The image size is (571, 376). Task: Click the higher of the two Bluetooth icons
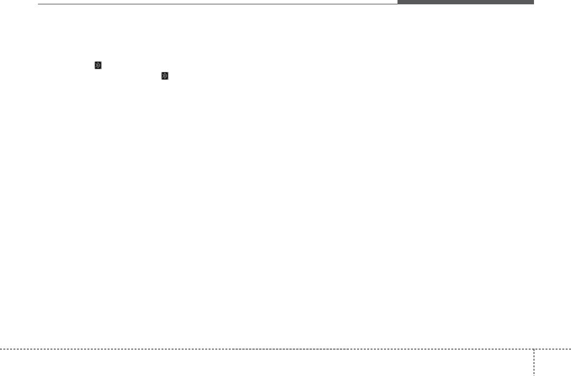point(98,65)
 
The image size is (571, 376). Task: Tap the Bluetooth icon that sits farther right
point(165,76)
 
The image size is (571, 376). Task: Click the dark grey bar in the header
point(465,2)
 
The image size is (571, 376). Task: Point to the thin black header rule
point(216,4)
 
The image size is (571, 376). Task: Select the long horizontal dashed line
point(264,349)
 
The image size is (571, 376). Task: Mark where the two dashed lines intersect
point(534,349)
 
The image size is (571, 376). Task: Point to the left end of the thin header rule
point(38,4)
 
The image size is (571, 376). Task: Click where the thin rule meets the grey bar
point(397,4)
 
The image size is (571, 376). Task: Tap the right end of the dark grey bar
point(533,2)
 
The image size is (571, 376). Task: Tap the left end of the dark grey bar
point(398,2)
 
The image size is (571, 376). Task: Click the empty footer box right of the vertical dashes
point(552,363)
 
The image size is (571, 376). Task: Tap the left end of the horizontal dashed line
point(1,349)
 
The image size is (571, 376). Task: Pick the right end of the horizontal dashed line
point(570,349)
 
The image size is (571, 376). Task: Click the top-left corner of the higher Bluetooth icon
point(95,62)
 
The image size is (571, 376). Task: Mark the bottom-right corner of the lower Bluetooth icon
point(168,79)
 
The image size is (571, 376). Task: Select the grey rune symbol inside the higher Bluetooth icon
point(98,65)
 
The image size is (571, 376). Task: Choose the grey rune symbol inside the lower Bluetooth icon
point(165,76)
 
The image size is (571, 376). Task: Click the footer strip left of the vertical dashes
point(264,363)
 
